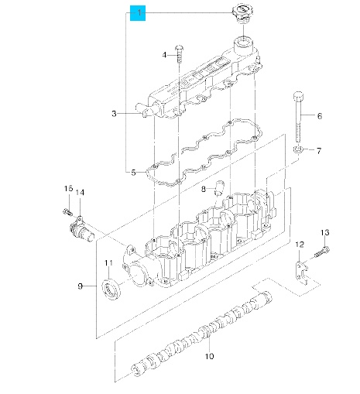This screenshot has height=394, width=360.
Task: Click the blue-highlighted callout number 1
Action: (138, 12)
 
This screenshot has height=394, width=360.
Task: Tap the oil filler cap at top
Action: (242, 13)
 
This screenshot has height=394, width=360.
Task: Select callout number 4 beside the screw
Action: (164, 55)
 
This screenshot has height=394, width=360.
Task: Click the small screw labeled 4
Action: (179, 53)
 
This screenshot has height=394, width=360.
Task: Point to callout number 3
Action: (114, 113)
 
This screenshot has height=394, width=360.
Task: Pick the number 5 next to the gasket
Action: (133, 173)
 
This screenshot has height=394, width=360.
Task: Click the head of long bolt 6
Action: (299, 96)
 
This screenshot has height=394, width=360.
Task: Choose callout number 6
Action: (320, 116)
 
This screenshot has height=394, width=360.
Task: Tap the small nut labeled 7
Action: (298, 149)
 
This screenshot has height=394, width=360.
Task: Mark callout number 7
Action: (319, 151)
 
